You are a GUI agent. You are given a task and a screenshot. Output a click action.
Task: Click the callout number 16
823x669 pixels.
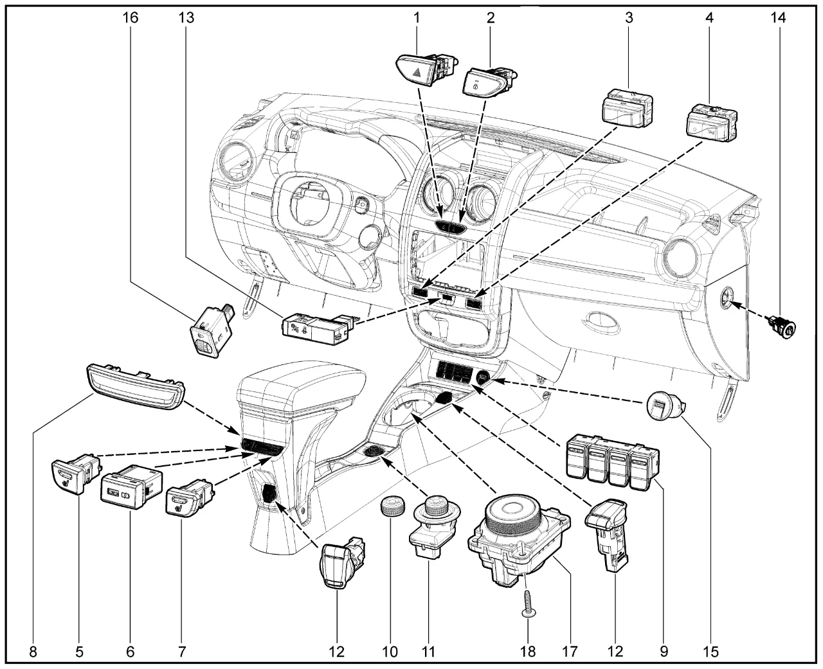click(x=131, y=17)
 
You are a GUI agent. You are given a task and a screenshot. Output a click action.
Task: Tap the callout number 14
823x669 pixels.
click(x=778, y=17)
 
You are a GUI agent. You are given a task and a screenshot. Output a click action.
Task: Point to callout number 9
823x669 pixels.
click(x=664, y=652)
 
